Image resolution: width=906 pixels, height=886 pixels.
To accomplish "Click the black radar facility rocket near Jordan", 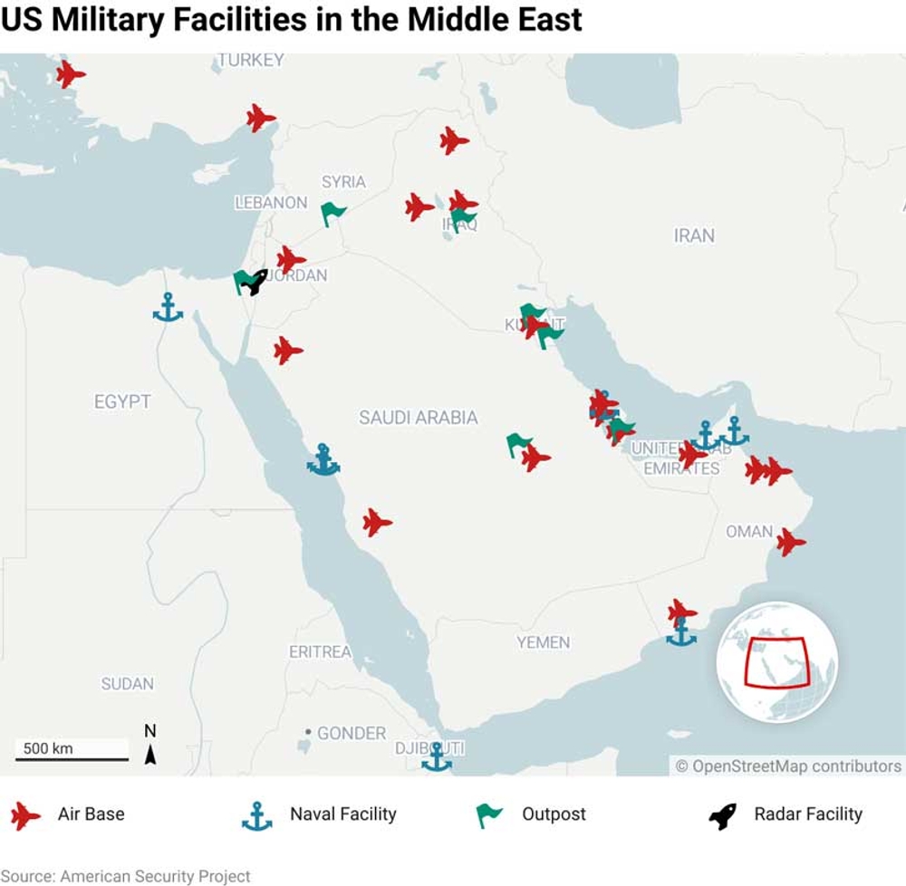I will coord(256,282).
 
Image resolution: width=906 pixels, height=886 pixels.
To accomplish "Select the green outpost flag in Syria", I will coord(333,214).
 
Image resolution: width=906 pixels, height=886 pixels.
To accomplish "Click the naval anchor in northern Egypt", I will coord(168,308).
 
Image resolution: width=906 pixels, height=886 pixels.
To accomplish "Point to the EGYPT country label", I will coord(122,401).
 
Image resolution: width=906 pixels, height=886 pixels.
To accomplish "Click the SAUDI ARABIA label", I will coord(418,418).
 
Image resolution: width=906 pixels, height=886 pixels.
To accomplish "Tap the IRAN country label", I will coord(694,236).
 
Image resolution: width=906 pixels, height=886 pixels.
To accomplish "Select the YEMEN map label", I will coord(543,642).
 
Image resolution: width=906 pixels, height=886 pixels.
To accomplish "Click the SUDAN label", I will coord(127,684).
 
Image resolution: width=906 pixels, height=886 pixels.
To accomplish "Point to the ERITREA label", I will coord(320,652).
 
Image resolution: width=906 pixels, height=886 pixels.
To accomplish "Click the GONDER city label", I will coord(351,733).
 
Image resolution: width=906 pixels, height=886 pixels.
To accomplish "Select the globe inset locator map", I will coord(776,661).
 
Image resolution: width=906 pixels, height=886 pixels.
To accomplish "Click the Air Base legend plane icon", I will coord(25,815).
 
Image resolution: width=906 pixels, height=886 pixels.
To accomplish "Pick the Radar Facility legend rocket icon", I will coord(722,815).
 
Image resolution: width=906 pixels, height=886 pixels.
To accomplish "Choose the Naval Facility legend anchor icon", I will coord(257,815).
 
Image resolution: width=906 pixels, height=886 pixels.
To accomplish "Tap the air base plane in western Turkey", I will coord(70,74).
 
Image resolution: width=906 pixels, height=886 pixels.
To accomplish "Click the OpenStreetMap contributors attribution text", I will coord(788,766).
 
